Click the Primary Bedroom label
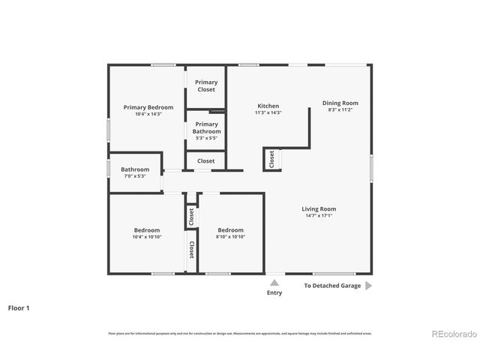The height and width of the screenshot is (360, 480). [x=148, y=107]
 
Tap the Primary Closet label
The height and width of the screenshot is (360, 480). [x=206, y=86]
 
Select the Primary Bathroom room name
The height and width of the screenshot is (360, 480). [x=206, y=127]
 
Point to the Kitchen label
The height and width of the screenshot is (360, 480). [x=268, y=106]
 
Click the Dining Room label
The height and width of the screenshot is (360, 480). [x=340, y=103]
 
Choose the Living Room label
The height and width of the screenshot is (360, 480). [x=319, y=209]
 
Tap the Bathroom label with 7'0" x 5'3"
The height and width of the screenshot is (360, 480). [x=135, y=169]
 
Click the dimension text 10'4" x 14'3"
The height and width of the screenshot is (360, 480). [x=148, y=115]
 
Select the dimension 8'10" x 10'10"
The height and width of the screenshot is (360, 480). [x=231, y=237]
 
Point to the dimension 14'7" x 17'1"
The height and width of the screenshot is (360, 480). [x=319, y=217]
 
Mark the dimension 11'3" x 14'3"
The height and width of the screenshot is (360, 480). [x=268, y=113]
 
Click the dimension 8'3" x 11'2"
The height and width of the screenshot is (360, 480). [x=340, y=110]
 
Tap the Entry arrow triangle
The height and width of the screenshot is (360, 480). [x=274, y=283]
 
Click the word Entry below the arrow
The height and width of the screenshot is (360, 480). [x=274, y=292]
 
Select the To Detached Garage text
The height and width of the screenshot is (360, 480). [x=332, y=286]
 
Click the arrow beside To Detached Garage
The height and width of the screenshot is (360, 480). [x=368, y=286]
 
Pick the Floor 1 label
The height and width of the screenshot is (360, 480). [x=19, y=307]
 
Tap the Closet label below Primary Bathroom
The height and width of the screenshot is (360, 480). [x=206, y=160]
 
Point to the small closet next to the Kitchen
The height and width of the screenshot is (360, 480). [x=271, y=159]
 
